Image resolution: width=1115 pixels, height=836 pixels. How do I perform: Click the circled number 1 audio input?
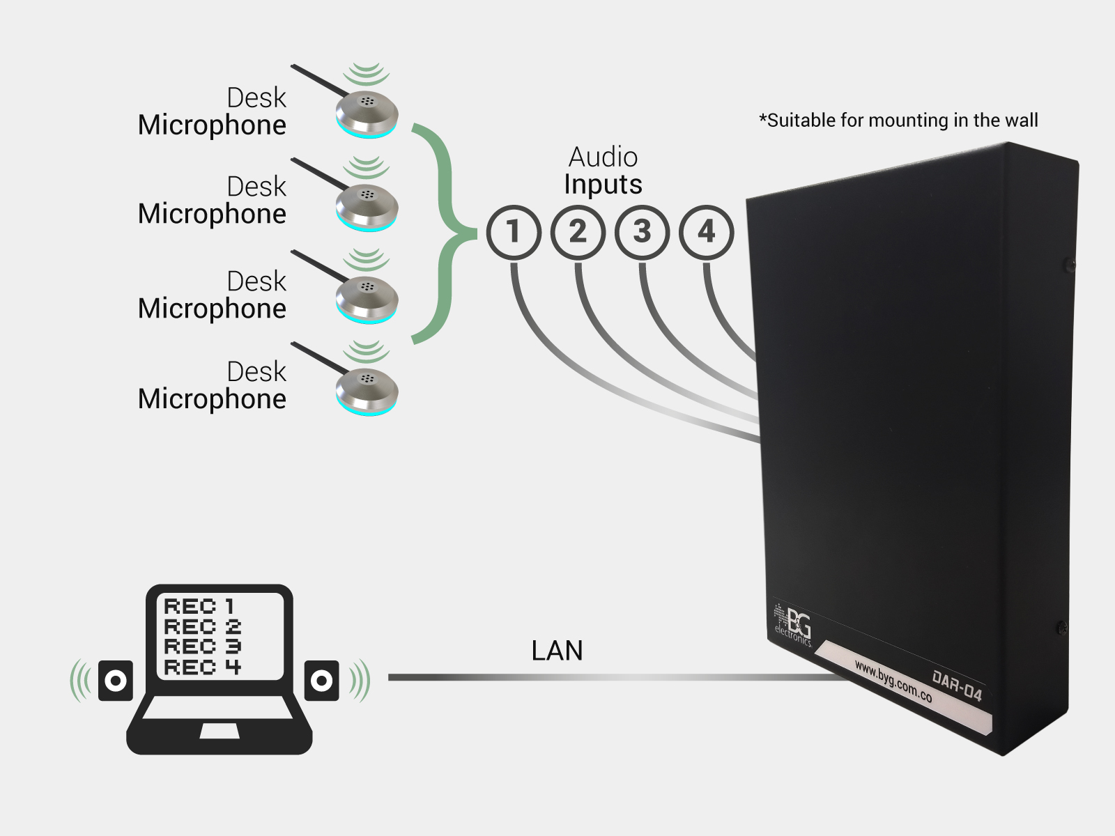tap(514, 232)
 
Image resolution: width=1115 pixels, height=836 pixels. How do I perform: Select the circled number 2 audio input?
tap(578, 232)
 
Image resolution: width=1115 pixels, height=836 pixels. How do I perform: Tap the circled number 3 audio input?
tap(642, 232)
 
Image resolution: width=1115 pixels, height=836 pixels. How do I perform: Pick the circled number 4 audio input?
tap(706, 232)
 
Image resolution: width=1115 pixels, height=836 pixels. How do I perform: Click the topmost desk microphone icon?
tap(367, 113)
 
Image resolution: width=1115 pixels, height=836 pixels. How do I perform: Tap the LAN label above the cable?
tap(557, 651)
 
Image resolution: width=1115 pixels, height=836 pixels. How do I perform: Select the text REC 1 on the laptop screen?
tap(199, 606)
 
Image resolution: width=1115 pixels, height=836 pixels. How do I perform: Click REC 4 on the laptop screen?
tap(202, 667)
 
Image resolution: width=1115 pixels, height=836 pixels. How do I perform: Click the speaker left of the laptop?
tap(115, 680)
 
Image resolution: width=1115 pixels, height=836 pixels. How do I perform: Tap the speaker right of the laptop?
tap(321, 680)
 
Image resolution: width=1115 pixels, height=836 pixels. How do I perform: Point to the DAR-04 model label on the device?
tap(956, 685)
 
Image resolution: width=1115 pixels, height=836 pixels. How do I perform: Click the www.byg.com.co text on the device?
tap(893, 681)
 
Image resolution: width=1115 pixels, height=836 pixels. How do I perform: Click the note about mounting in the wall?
tap(898, 121)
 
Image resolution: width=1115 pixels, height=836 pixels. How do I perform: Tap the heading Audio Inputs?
tap(603, 171)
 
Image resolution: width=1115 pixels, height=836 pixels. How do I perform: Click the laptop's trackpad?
tap(220, 731)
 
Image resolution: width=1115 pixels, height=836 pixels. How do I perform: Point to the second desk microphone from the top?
tap(367, 206)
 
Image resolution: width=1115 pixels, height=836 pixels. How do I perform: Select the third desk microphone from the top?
tap(367, 298)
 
